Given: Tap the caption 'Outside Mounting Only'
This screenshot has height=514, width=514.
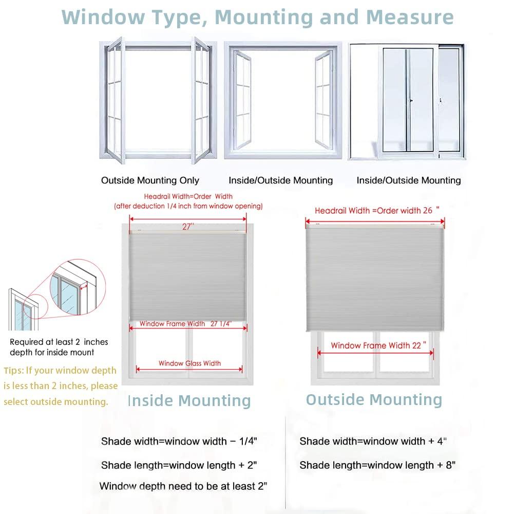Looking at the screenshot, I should pos(150,180).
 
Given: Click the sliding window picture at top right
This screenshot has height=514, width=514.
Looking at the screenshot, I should pos(406,101).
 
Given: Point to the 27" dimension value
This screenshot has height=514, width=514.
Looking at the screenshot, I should pos(188,227).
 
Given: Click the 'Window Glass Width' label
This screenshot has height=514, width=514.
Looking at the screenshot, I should pos(189,363).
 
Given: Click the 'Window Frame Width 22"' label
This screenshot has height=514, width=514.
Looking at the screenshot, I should pos(378,345).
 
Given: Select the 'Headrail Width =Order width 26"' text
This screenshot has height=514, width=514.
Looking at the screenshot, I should pos(377,211).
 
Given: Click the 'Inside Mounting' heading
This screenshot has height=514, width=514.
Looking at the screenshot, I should pos(189,401).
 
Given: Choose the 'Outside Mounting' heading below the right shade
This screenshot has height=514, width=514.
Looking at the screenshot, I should pos(374,400).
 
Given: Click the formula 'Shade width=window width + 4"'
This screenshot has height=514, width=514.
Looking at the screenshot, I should pos(373,441).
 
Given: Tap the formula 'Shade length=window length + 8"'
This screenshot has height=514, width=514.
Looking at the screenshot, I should pos(377,465).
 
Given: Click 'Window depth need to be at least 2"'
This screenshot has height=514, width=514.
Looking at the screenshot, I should pos(183,486).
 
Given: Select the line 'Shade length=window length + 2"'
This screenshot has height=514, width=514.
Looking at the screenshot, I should pos(179,465).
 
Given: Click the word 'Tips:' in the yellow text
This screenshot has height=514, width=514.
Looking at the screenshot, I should pos(14,371).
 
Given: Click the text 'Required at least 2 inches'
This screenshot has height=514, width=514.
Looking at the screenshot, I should pos(59,342).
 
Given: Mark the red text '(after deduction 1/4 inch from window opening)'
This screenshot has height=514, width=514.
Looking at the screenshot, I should pos(188,206).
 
